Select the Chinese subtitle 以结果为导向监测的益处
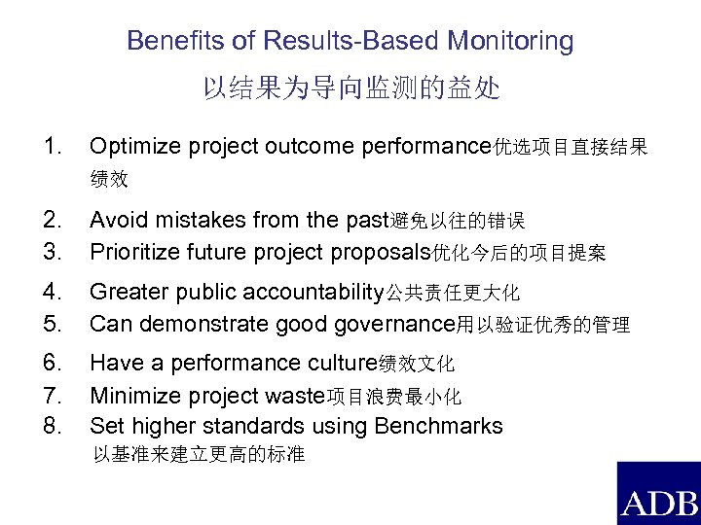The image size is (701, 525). point(350,90)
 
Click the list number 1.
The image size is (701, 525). point(54,147)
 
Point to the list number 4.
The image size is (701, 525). point(54,291)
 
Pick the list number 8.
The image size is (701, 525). point(54,426)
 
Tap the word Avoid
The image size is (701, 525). point(115,219)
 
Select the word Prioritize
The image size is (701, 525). point(135,253)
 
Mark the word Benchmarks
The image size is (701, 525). point(440,426)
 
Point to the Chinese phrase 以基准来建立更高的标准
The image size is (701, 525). point(198,454)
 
